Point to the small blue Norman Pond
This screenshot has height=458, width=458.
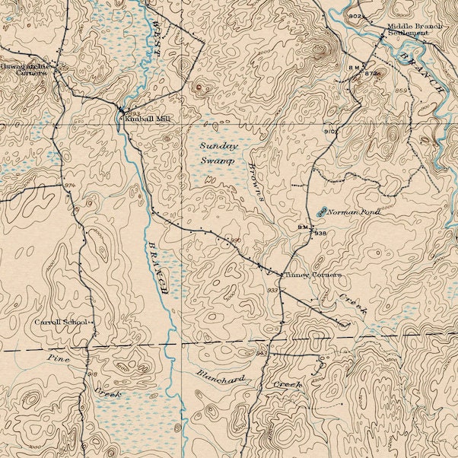pyautogui.click(x=321, y=212)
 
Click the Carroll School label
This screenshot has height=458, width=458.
pyautogui.click(x=61, y=323)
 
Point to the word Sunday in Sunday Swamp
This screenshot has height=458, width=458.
pyautogui.click(x=218, y=145)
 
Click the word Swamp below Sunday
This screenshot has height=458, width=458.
pyautogui.click(x=217, y=161)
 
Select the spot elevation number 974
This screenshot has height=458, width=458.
pyautogui.click(x=70, y=186)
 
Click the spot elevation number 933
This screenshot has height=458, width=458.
pyautogui.click(x=272, y=291)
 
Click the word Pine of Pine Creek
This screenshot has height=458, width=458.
pyautogui.click(x=58, y=358)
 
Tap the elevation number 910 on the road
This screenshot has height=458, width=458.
pyautogui.click(x=329, y=132)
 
